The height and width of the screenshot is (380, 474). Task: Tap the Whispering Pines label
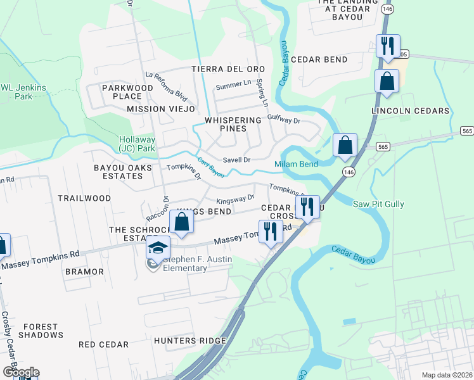[x=233, y=124]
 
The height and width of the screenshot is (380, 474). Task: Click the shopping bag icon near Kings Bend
[x=182, y=223]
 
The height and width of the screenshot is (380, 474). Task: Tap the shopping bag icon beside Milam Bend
[x=345, y=145]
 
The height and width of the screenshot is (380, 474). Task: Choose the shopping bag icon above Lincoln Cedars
[x=387, y=82]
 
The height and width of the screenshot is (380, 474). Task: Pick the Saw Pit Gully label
[x=378, y=204]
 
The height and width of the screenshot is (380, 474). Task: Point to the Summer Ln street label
[x=234, y=85]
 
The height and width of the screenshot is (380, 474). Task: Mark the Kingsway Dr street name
[x=235, y=199]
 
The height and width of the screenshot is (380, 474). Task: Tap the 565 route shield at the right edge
[x=467, y=130]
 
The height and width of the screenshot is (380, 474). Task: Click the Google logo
[x=20, y=372]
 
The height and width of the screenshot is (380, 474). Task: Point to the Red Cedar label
[x=103, y=345]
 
